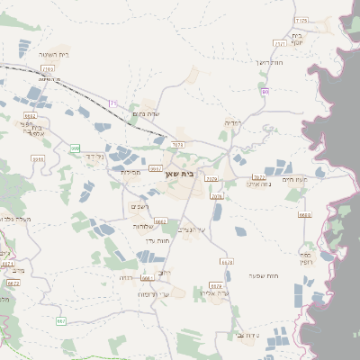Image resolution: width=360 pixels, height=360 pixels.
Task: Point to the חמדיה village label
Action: coord(232,122)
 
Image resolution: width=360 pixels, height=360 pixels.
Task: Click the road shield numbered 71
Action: coord(113,104)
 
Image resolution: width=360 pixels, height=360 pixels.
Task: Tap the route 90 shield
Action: coord(265,92)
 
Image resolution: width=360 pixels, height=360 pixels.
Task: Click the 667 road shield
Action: coord(61,321)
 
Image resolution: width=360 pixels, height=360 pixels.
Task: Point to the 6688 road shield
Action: coord(304,214)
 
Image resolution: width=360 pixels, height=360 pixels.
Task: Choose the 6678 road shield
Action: coord(227,262)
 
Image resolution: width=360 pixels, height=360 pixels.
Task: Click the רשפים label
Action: coord(140,207)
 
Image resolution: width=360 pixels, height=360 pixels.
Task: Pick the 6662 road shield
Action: coord(161,220)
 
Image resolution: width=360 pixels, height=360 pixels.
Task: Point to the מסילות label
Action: coord(132,171)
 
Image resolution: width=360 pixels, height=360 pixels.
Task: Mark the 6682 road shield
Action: coord(31,116)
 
